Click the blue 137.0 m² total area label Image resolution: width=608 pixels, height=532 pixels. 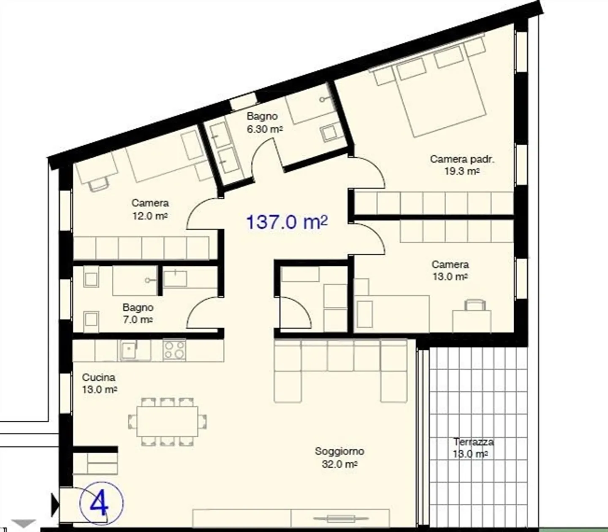pyautogui.click(x=287, y=222)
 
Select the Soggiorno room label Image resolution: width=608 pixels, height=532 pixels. pyautogui.click(x=339, y=451)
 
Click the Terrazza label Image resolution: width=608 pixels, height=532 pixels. pyautogui.click(x=473, y=442)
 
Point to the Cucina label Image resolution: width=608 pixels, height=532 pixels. pyautogui.click(x=98, y=377)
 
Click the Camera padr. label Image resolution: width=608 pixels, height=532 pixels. pyautogui.click(x=462, y=159)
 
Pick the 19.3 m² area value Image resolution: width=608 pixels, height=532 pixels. pyautogui.click(x=462, y=171)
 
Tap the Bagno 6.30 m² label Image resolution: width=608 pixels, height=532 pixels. pyautogui.click(x=264, y=122)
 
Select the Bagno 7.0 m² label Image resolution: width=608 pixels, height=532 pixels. pyautogui.click(x=138, y=314)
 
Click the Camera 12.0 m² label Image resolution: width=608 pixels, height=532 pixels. pyautogui.click(x=150, y=209)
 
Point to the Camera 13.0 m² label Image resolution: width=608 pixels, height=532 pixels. pyautogui.click(x=450, y=270)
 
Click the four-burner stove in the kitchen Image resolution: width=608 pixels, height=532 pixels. pyautogui.click(x=174, y=349)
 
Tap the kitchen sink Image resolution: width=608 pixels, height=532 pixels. pyautogui.click(x=129, y=350)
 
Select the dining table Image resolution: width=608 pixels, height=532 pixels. pyautogui.click(x=167, y=422)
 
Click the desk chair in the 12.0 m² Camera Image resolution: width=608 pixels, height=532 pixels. pyautogui.click(x=98, y=183)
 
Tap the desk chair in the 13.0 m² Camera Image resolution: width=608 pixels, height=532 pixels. pyautogui.click(x=475, y=305)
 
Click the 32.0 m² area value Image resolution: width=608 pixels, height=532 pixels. pyautogui.click(x=339, y=464)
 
